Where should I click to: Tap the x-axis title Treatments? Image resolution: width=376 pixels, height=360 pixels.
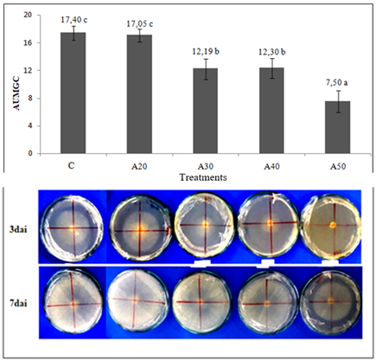pyautogui.click(x=205, y=177)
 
